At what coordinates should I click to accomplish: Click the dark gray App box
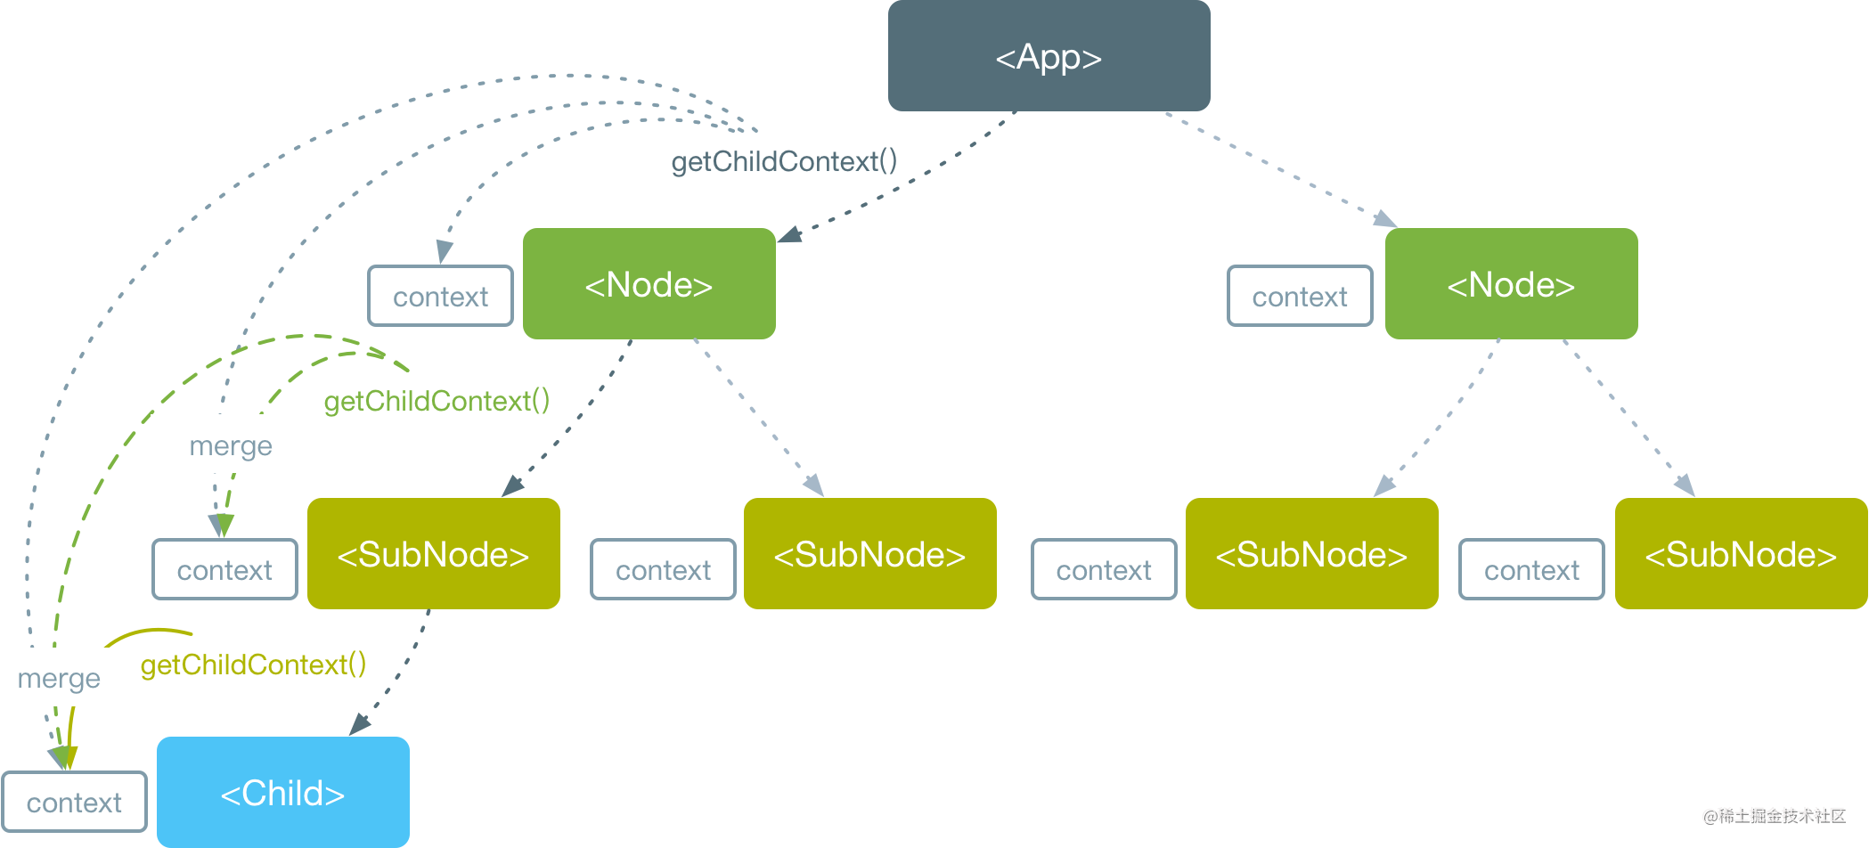(1049, 55)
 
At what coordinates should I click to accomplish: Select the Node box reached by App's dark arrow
(649, 283)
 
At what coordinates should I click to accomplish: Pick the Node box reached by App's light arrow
(1511, 283)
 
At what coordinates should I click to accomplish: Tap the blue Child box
(283, 792)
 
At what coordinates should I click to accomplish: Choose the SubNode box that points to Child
(434, 553)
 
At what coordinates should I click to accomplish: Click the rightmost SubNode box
(1741, 553)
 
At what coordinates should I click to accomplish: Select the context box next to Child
(75, 802)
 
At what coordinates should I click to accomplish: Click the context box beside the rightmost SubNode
(1532, 569)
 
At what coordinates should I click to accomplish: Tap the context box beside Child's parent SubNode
(225, 569)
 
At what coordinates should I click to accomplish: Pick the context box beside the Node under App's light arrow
(1301, 296)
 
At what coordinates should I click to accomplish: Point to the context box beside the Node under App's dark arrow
(441, 296)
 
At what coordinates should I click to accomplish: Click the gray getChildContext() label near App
(784, 161)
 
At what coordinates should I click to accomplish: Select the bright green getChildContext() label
(437, 401)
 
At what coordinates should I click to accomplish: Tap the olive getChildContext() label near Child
(254, 665)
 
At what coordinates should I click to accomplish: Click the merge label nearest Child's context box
(59, 679)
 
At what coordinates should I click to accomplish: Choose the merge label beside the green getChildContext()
(231, 445)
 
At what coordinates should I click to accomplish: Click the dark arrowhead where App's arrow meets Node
(789, 234)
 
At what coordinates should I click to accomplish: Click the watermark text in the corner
(1775, 816)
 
